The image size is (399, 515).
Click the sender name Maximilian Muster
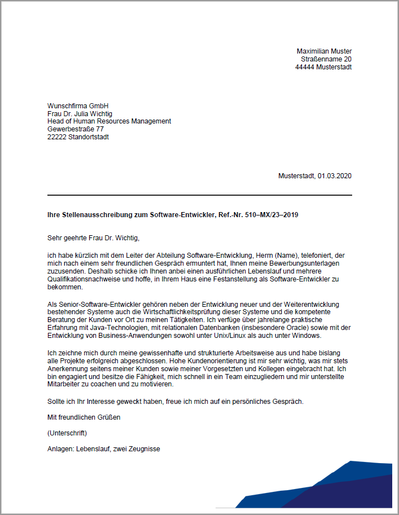(x=324, y=51)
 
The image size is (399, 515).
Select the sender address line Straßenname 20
(x=326, y=59)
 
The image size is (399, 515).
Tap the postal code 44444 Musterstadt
(x=323, y=67)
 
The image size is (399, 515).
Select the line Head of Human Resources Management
(x=109, y=121)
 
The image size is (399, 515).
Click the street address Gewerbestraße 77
(x=76, y=129)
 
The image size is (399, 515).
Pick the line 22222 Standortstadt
(x=78, y=137)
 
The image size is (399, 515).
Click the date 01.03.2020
(x=334, y=176)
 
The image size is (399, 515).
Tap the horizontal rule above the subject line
(x=199, y=195)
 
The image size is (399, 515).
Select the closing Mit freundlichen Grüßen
(x=84, y=418)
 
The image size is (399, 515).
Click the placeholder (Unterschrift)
(x=68, y=433)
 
